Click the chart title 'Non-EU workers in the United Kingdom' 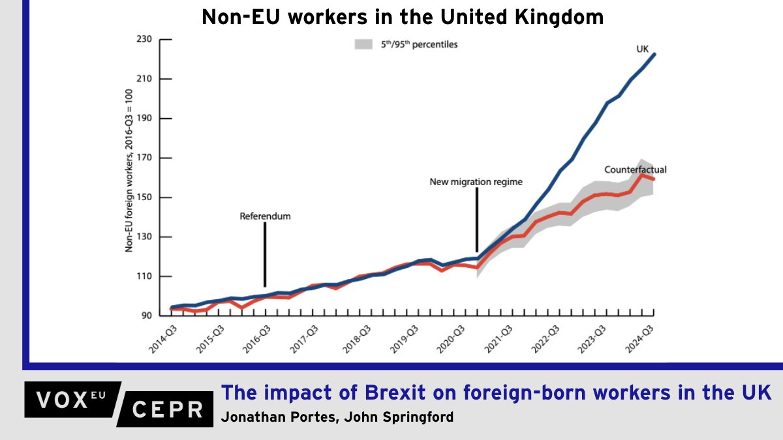coord(403,18)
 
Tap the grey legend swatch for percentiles coord(362,45)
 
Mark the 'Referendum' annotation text coord(265,216)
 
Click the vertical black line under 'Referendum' coord(265,254)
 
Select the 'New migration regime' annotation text coord(476,182)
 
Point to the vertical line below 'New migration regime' coord(476,219)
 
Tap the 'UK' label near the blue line coord(643,49)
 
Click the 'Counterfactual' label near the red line coord(635,169)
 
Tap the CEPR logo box coord(168,409)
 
